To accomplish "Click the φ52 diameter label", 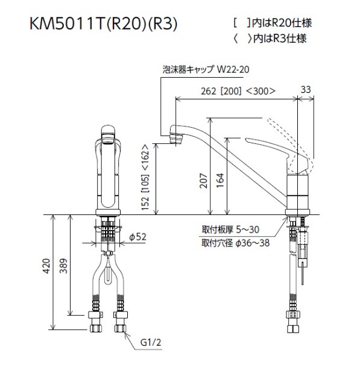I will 137,237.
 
